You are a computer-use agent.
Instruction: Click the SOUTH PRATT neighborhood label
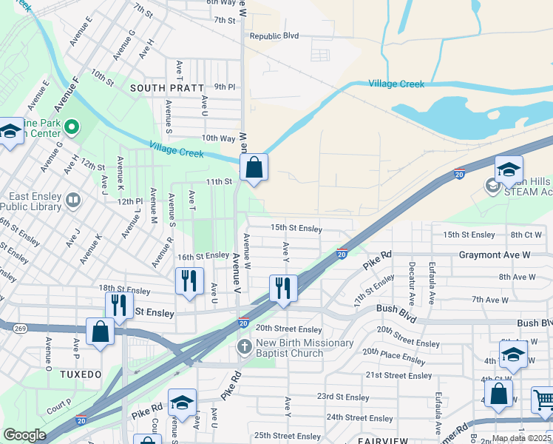coord(167,87)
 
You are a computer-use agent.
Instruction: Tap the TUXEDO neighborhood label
coord(81,374)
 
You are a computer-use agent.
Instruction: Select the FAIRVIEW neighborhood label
coord(379,440)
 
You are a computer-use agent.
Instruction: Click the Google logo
coord(24,435)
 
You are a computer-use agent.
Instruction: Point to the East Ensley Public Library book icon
coord(73,199)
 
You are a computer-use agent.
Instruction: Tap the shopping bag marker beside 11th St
coord(254,168)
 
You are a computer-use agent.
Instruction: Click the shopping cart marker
coord(543,400)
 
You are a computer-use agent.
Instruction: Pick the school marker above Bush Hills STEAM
coord(508,169)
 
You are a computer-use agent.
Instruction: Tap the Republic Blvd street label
coord(274,36)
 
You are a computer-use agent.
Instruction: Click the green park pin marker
coord(72,127)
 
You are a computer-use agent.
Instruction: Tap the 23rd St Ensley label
coord(342,397)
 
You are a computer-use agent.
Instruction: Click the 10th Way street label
coord(218,138)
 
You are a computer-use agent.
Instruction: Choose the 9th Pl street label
coord(224,87)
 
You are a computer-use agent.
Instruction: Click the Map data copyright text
coord(521,438)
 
